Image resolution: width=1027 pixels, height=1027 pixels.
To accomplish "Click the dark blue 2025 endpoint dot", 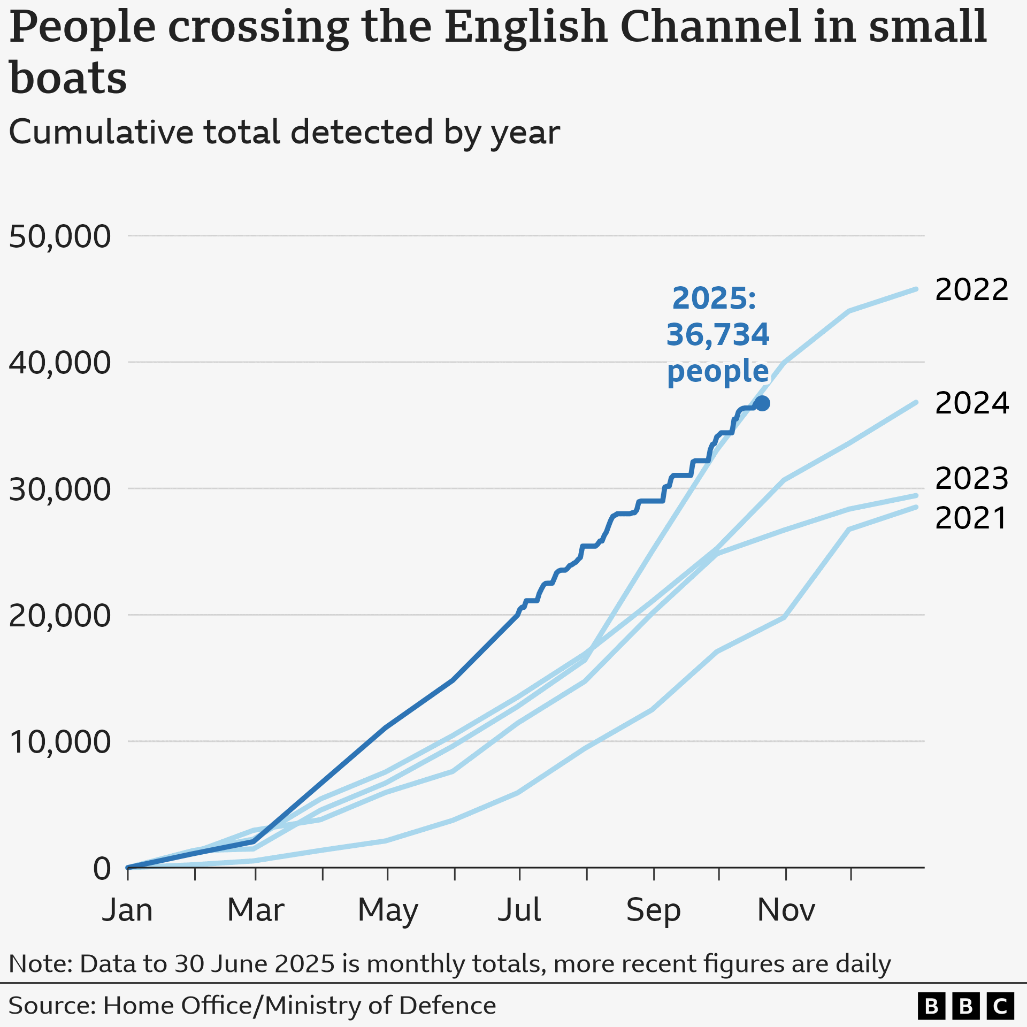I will click(762, 403).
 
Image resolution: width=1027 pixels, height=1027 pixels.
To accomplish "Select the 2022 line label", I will click(971, 290).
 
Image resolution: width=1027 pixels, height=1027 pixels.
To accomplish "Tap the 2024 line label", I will click(971, 403).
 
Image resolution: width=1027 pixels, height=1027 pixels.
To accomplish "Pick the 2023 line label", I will click(971, 478).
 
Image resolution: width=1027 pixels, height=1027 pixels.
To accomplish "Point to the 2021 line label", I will click(971, 518).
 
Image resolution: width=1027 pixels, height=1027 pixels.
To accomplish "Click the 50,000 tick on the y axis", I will click(60, 236).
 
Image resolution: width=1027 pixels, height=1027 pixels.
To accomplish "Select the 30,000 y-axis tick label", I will click(60, 489).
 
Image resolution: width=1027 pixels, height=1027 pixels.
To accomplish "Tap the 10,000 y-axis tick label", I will click(60, 742).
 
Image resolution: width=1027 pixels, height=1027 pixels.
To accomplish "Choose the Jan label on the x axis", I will click(127, 910).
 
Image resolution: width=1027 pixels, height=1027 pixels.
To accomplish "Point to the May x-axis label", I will click(388, 910).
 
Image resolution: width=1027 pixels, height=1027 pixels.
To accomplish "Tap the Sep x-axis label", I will click(653, 910).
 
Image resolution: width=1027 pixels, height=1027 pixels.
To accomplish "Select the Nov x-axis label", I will click(786, 910).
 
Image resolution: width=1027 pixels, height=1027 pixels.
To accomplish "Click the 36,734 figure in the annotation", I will click(717, 335).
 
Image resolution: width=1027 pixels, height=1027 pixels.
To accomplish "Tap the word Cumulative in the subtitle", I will click(101, 132).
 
